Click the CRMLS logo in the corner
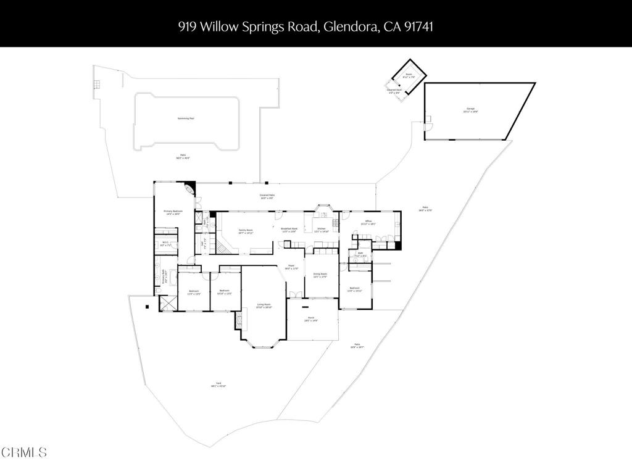23,452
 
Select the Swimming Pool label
186,118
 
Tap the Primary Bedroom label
172,212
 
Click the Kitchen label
322,230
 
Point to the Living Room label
264,306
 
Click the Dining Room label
320,275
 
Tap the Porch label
312,320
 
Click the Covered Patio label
267,196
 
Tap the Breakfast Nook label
289,230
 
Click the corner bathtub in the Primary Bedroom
189,188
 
